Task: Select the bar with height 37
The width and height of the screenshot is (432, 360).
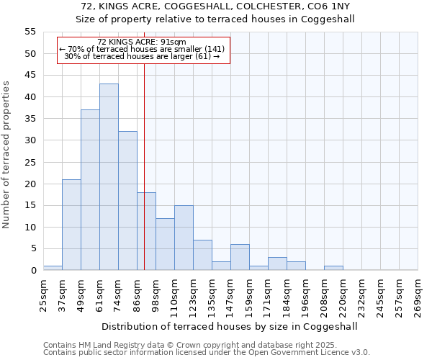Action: click(x=90, y=190)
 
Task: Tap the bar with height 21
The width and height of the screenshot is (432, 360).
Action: click(x=71, y=225)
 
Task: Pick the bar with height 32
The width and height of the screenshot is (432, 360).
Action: click(x=127, y=201)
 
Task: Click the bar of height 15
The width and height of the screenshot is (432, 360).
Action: click(x=184, y=238)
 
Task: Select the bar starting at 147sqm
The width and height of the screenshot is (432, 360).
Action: click(x=240, y=257)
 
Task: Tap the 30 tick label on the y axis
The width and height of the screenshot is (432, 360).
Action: click(x=30, y=140)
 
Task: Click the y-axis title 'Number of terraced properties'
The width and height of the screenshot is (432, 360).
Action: click(x=6, y=155)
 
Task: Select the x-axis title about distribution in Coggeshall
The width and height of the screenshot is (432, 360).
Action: click(x=230, y=326)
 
